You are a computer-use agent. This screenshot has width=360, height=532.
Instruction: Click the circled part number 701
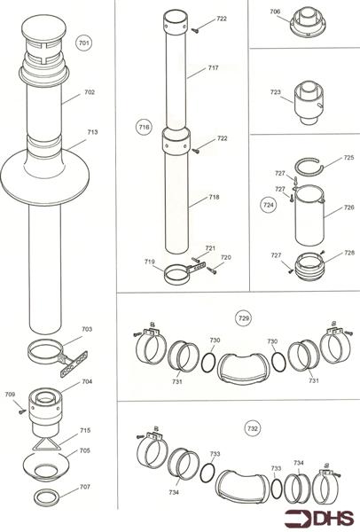[84, 43]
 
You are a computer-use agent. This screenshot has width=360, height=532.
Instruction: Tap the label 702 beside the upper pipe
[90, 92]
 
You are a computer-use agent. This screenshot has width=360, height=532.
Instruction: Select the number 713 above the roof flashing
[92, 132]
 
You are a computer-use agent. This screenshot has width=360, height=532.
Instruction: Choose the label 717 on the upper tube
[214, 67]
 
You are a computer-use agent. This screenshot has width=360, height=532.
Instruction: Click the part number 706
[276, 12]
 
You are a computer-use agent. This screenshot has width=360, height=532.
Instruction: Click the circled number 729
[244, 317]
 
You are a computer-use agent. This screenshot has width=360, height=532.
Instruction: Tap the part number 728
[327, 253]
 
